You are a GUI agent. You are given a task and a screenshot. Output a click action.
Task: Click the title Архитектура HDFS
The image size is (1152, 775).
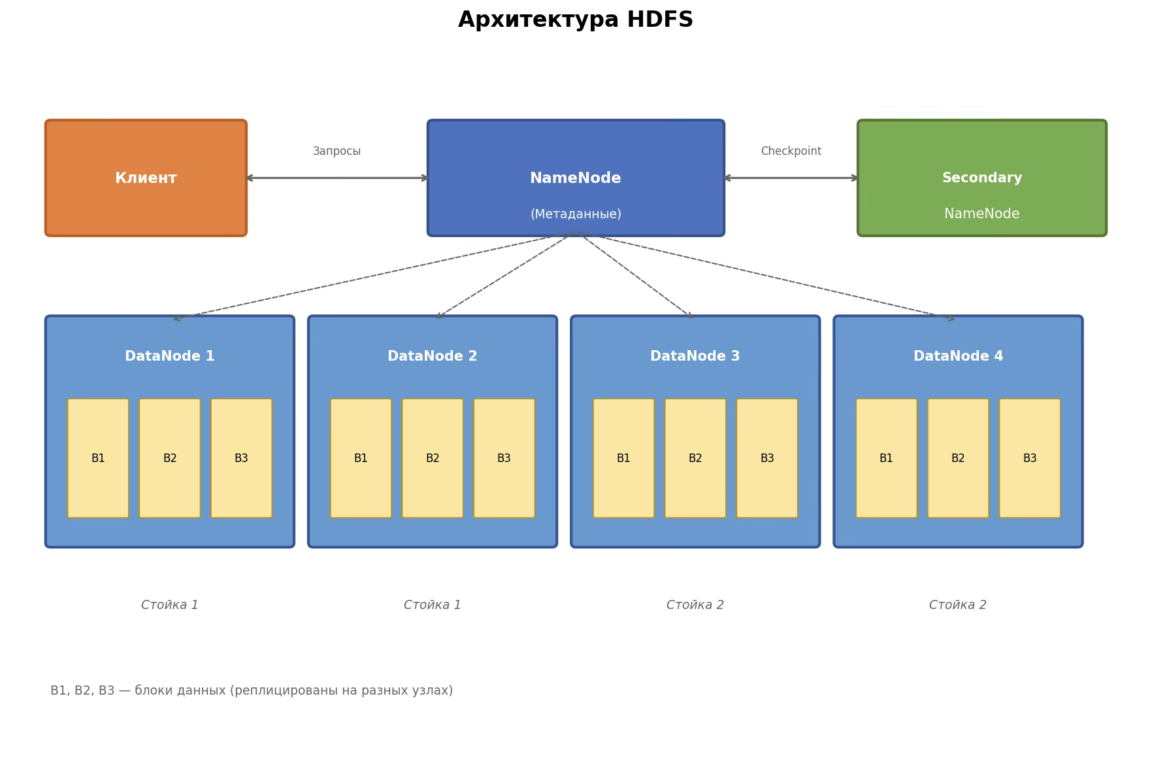[575, 20]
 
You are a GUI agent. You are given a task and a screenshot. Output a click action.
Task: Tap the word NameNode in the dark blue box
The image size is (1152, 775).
[575, 178]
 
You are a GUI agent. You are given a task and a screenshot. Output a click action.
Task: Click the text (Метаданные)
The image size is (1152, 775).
[575, 214]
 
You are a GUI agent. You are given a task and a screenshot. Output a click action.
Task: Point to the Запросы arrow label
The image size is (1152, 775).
[337, 152]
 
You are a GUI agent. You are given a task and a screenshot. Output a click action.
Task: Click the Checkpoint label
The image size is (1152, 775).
[791, 152]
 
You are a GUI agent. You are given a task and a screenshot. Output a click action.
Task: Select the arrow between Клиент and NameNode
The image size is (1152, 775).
[337, 178]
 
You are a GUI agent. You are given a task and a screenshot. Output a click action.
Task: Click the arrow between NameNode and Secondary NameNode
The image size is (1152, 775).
[791, 178]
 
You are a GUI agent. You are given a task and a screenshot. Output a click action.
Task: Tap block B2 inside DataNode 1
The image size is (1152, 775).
[170, 458]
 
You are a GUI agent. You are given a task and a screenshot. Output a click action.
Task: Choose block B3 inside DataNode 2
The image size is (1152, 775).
[504, 458]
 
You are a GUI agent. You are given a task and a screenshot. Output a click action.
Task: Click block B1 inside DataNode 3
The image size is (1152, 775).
[623, 458]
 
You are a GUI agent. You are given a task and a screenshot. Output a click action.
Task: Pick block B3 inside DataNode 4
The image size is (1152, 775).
[1029, 458]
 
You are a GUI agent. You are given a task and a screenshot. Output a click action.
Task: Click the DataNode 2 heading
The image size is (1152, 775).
[432, 357]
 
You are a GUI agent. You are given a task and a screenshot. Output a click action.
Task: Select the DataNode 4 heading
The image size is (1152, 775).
[958, 357]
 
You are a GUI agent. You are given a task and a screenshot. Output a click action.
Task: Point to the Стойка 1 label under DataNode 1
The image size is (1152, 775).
[170, 605]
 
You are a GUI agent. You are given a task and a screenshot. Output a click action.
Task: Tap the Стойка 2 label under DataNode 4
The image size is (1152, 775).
[958, 605]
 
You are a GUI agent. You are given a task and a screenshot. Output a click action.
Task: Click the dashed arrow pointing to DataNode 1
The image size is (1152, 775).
[372, 276]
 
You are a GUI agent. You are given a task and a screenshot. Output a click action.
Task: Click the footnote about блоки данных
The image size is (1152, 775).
[252, 691]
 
